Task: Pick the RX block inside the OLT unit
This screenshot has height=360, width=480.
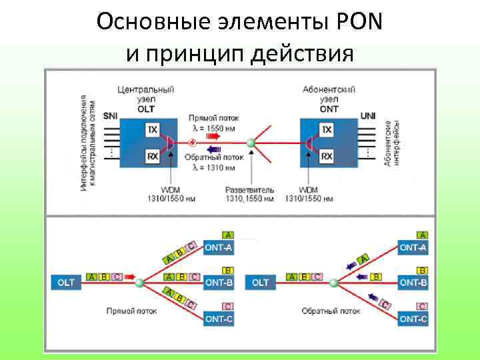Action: tap(153, 157)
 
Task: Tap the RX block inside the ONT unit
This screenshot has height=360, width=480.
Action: tap(327, 157)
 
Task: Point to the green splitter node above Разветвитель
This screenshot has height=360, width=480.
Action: tap(251, 143)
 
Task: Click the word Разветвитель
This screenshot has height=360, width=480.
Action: tap(250, 190)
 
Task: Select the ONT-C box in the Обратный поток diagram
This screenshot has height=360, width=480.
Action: tap(413, 319)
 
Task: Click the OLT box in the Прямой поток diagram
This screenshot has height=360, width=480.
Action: tap(66, 283)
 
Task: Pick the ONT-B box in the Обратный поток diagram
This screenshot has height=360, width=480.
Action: tap(413, 283)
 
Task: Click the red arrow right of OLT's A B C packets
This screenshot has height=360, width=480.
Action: tap(129, 275)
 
